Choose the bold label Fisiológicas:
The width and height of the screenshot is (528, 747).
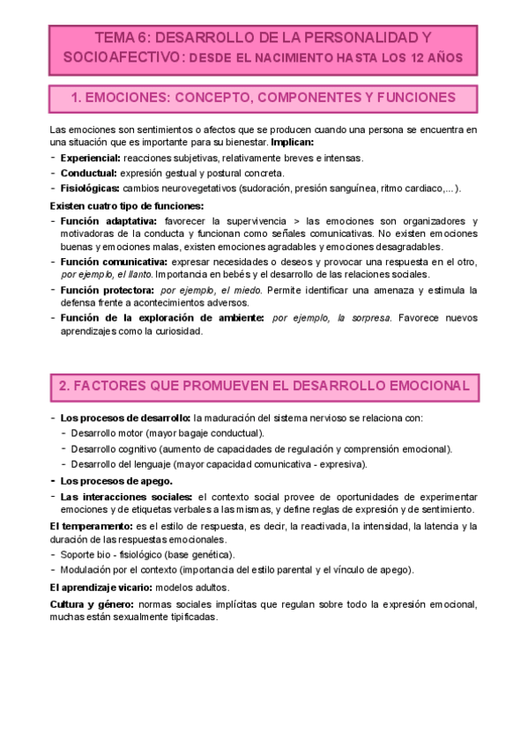90,189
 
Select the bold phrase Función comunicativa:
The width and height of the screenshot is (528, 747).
115,263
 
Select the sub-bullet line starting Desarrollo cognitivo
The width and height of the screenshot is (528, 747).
261,448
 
